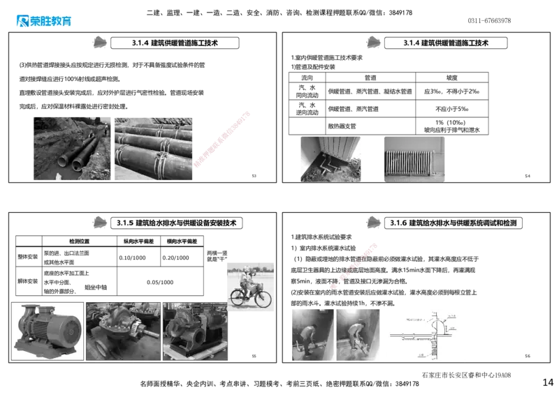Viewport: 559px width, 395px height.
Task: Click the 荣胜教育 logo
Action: click(43, 22)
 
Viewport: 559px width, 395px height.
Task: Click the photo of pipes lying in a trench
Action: click(72, 147)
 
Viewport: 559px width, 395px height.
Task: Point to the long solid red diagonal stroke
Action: click(222, 138)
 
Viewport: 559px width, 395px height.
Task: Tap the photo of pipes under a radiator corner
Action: click(329, 159)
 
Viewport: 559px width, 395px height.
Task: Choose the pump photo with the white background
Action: click(48, 331)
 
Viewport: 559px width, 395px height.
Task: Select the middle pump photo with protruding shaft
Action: click(123, 331)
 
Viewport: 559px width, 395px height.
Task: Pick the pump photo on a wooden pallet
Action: click(195, 331)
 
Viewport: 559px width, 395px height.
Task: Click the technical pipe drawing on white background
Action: click(427, 334)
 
